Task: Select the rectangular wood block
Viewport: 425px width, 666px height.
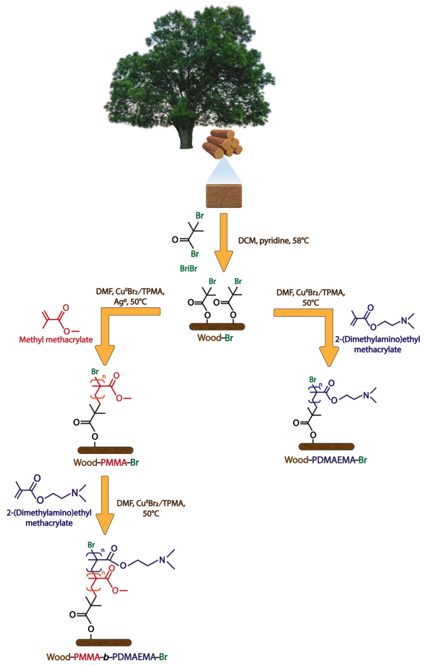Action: pos(224,196)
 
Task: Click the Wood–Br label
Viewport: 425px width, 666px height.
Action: pos(215,338)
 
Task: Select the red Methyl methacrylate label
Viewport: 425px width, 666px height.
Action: pos(56,340)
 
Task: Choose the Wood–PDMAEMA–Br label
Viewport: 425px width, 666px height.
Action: pos(326,460)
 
